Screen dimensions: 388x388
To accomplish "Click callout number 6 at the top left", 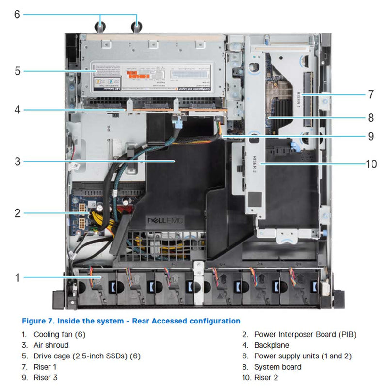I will (x=17, y=14).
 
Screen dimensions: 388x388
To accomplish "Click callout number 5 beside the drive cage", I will (x=17, y=71).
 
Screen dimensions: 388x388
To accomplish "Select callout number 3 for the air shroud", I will (x=17, y=161).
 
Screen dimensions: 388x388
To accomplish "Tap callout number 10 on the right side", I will (x=371, y=164).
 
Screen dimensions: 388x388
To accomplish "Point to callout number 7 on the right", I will (x=371, y=94).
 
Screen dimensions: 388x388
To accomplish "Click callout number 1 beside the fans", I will (x=17, y=277).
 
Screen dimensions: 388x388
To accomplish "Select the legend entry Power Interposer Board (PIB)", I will (x=305, y=334).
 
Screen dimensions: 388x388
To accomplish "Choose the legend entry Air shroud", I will (x=51, y=345).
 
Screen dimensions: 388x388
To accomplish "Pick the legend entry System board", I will (x=277, y=367).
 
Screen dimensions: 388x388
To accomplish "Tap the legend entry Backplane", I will (x=271, y=345).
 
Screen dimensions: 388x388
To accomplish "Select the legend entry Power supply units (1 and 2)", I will (x=303, y=356).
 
